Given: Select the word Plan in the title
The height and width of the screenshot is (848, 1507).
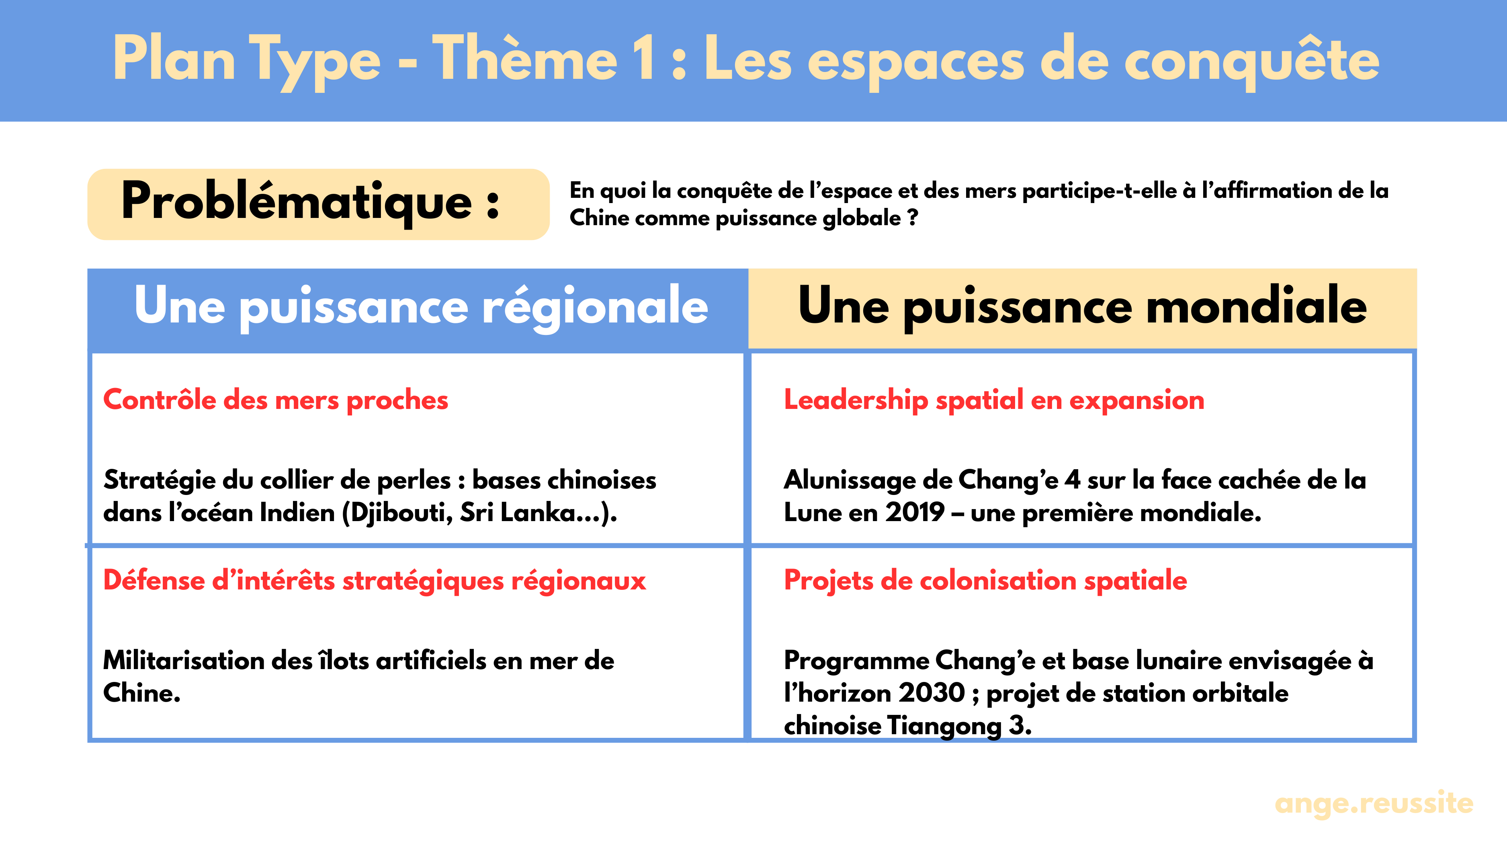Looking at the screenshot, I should pyautogui.click(x=174, y=59).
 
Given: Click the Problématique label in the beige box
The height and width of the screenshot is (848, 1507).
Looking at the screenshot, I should pyautogui.click(x=310, y=202).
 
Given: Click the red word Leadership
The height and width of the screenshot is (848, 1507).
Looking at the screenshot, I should pyautogui.click(x=855, y=400).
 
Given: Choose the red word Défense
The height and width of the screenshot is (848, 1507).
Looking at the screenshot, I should pyautogui.click(x=153, y=581).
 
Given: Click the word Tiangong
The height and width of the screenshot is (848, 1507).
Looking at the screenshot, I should pyautogui.click(x=944, y=726).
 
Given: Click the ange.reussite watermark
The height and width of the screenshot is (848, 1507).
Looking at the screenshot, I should pyautogui.click(x=1373, y=803).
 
